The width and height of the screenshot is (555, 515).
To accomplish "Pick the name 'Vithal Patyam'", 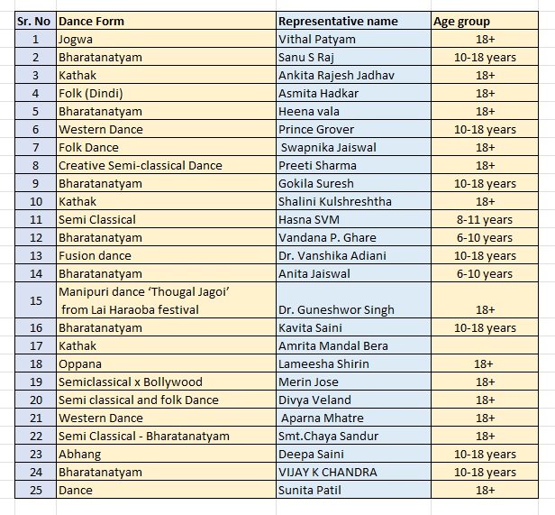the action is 317,39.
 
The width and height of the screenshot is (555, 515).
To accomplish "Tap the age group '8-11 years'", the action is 485,219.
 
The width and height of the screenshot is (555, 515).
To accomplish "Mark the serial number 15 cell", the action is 35,300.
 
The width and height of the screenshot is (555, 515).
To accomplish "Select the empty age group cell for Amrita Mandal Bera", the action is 485,345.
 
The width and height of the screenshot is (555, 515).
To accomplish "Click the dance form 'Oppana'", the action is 80,363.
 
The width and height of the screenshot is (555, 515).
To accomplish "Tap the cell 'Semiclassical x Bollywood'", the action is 131,382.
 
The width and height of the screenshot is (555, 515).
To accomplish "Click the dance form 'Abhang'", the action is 79,454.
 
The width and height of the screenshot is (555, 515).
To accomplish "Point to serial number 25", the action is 35,490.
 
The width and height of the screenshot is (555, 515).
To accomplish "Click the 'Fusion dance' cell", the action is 95,255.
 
